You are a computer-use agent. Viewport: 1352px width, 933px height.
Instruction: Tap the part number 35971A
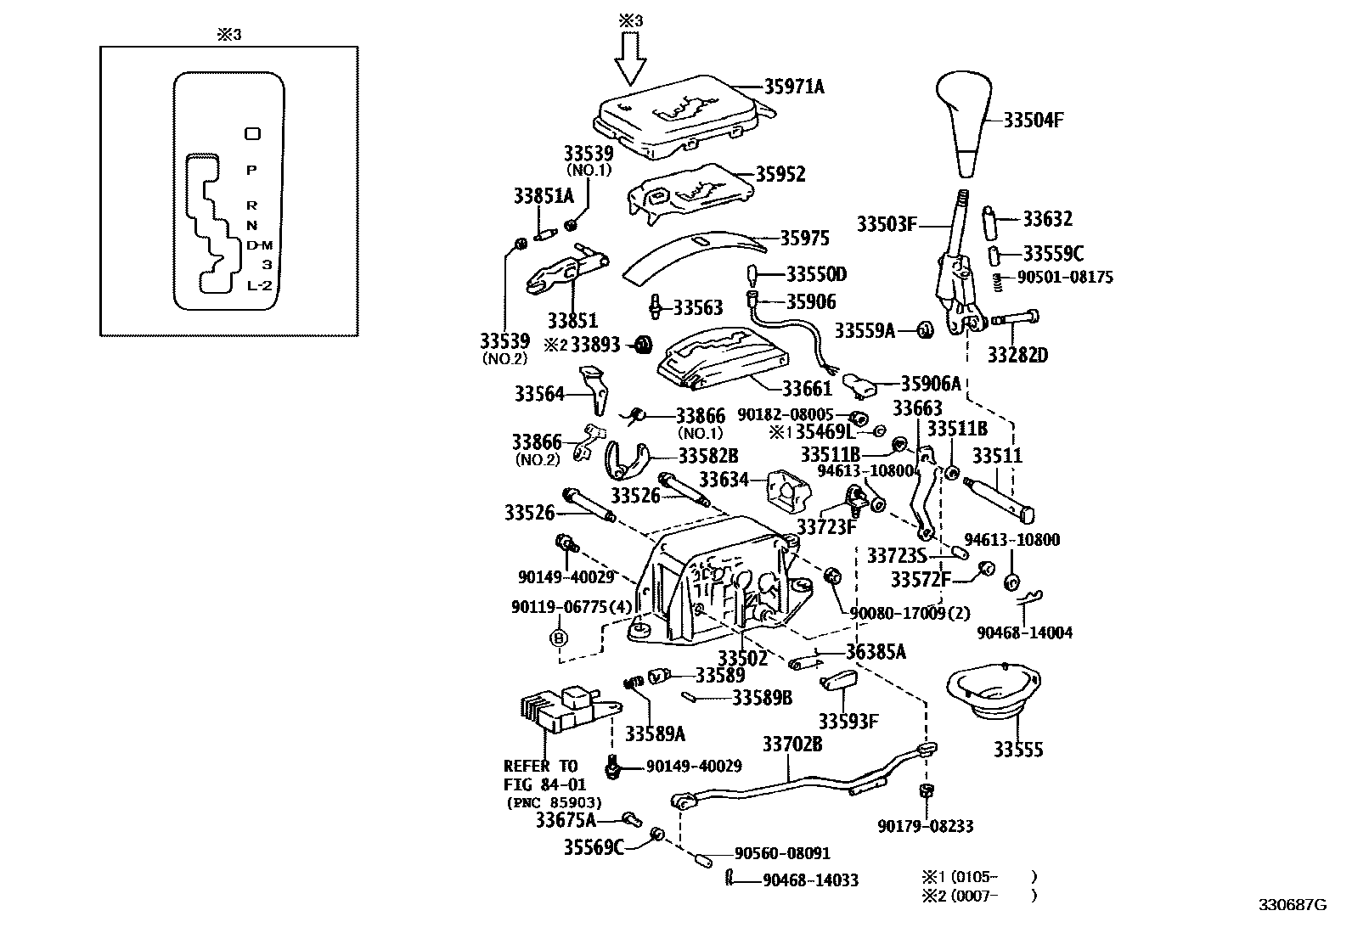(794, 87)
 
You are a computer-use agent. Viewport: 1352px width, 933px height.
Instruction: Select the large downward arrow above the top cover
(629, 61)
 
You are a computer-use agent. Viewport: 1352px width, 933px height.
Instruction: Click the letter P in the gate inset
(251, 170)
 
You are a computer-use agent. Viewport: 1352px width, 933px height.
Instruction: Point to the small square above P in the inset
(252, 133)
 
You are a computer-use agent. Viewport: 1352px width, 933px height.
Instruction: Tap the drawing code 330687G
(1292, 905)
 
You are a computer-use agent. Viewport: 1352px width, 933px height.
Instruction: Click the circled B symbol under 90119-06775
(559, 638)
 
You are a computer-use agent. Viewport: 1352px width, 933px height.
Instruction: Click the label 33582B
(707, 457)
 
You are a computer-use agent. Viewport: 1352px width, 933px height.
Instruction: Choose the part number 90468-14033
(810, 880)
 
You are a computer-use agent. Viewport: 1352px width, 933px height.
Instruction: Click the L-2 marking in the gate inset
(259, 285)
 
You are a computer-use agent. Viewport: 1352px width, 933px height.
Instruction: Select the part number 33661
(807, 389)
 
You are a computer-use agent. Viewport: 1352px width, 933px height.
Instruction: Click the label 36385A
(876, 651)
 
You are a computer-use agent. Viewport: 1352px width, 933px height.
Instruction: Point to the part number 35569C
(594, 847)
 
